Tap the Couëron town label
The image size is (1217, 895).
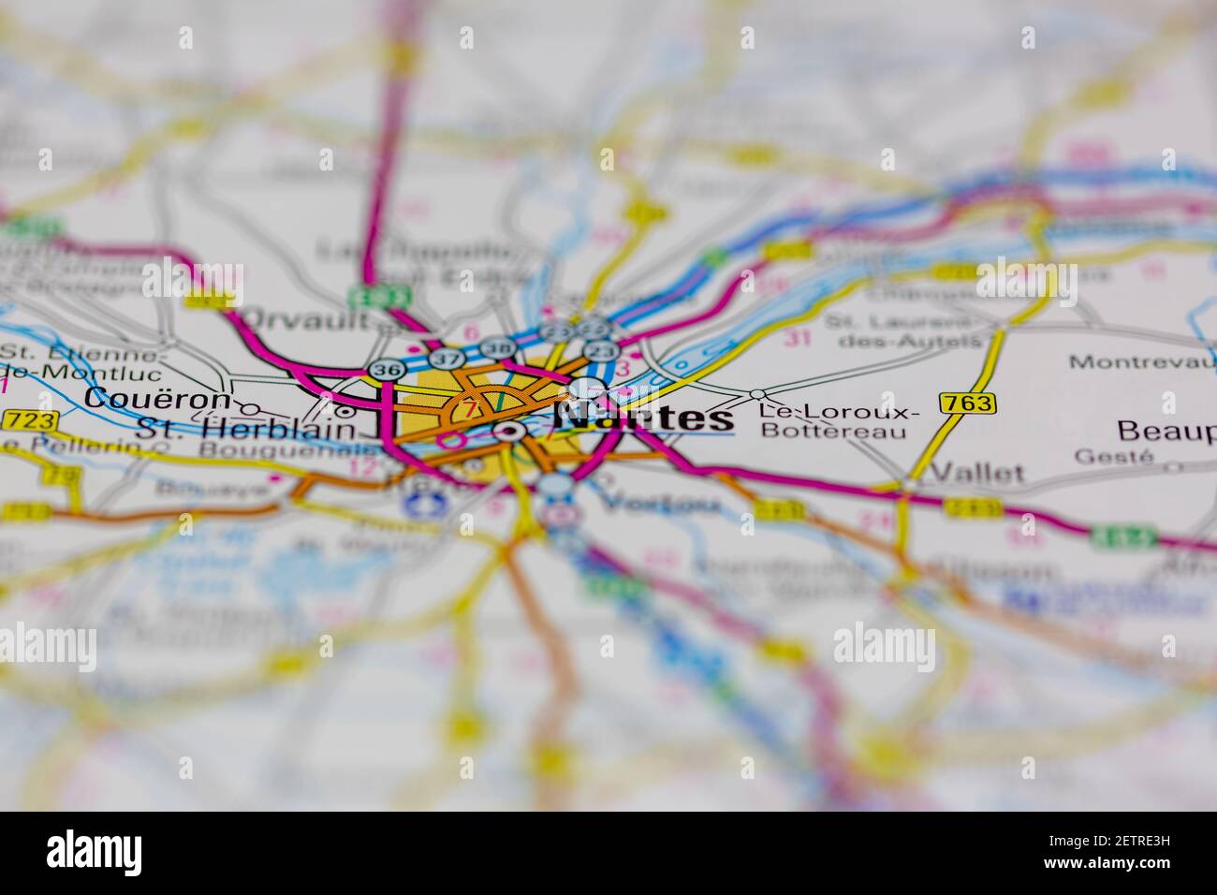click(x=156, y=398)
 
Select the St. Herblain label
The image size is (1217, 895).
click(x=246, y=430)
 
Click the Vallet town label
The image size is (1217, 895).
click(x=978, y=472)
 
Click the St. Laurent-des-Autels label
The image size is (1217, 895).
click(x=900, y=330)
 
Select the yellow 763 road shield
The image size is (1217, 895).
click(x=969, y=403)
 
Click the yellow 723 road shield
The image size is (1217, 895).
click(x=32, y=419)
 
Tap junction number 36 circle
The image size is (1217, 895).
click(x=384, y=370)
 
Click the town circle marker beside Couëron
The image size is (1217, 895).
click(x=250, y=409)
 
